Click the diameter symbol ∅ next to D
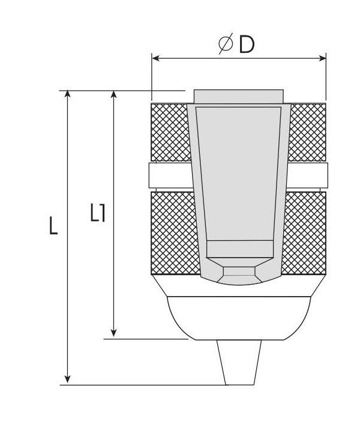point(226,45)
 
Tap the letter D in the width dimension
point(247,45)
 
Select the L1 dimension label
point(98,213)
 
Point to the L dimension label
point(53,225)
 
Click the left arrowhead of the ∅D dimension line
point(155,58)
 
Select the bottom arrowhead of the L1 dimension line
point(113,333)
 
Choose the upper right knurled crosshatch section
point(308,132)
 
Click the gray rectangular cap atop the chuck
point(238,96)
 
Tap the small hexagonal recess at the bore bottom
point(238,274)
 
